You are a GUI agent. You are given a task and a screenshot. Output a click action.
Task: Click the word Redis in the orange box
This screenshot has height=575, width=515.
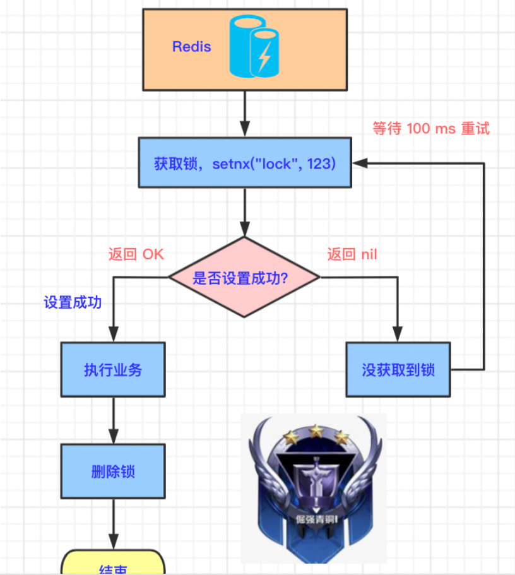[191, 47]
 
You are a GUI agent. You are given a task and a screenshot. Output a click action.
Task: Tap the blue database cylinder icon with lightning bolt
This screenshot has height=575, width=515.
[254, 47]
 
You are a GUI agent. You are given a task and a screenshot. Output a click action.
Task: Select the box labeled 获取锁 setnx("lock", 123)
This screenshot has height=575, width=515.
[244, 163]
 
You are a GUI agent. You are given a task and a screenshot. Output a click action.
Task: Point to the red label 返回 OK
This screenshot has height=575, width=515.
[136, 254]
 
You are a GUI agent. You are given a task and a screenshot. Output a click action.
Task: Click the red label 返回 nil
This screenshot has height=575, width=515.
[352, 254]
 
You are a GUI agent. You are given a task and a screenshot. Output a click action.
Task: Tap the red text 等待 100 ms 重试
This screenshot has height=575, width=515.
[431, 129]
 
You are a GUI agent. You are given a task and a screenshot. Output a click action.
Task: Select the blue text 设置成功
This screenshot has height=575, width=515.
[73, 302]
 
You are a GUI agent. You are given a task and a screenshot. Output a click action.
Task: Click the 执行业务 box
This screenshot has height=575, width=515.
[113, 369]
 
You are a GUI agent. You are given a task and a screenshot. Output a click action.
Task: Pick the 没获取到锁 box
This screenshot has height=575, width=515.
[398, 369]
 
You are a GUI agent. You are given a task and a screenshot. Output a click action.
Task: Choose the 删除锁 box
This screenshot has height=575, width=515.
[113, 471]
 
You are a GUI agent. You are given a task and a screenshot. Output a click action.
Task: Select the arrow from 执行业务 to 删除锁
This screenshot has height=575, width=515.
[113, 420]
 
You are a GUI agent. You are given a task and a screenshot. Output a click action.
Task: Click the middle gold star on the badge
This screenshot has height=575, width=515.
[315, 431]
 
